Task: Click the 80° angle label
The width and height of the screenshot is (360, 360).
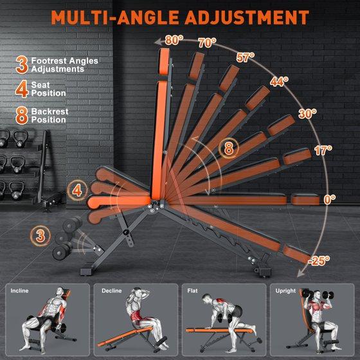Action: point(174,40)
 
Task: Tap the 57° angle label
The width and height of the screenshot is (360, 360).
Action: point(246,57)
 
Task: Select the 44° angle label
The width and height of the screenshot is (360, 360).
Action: point(279,81)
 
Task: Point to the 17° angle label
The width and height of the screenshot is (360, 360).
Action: point(323,150)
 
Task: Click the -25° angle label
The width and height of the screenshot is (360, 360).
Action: point(319,260)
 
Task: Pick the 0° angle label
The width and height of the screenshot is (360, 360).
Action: point(330,199)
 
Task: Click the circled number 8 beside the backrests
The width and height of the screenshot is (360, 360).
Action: point(229,148)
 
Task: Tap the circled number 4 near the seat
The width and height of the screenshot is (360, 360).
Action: point(77,190)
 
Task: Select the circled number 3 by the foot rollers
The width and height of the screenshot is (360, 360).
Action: point(40,236)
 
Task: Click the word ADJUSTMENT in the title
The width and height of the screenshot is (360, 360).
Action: point(247,17)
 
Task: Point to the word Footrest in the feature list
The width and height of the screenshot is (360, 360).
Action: point(48,61)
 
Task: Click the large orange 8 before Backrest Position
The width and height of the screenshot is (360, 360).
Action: point(22,115)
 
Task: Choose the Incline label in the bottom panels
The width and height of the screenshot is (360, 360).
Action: point(19,291)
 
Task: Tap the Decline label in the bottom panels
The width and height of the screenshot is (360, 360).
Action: point(112,291)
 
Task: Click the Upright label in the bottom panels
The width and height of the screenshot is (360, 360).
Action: point(285,291)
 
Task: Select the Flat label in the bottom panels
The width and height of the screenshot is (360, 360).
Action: point(192,291)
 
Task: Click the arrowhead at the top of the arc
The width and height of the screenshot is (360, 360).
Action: point(157,42)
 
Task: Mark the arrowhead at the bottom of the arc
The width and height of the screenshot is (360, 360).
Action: point(301,274)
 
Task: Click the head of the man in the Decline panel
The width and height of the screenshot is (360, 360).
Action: point(137,292)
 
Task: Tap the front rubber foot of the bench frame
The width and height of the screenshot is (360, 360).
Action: point(87,272)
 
